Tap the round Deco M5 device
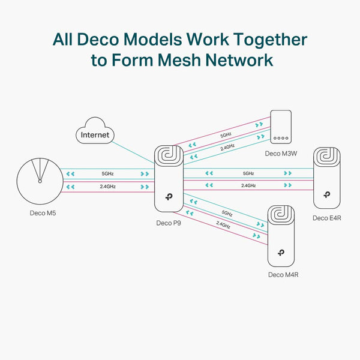40,181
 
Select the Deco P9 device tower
169,178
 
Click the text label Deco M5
40,213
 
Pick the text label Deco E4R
326,218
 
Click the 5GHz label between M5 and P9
107,173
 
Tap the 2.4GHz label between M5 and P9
107,187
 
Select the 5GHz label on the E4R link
248,173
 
